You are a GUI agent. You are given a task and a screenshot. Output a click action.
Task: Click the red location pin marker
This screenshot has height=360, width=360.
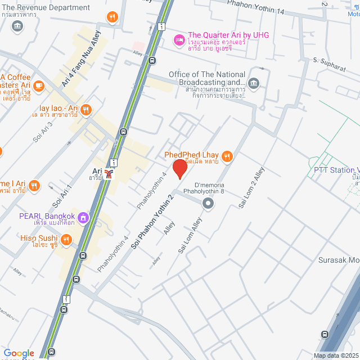179,169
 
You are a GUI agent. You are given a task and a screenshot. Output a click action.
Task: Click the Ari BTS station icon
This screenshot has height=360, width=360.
109,175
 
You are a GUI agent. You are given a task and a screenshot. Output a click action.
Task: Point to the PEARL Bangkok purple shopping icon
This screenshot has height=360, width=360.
84,217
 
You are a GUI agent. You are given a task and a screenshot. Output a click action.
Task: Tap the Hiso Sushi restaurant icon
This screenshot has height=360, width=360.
67,240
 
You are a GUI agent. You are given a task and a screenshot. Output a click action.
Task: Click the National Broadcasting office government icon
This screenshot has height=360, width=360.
254,84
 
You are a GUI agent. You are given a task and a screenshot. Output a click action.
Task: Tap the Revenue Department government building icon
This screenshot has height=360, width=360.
17,25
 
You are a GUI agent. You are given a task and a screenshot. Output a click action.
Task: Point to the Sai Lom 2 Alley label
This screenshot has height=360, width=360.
251,187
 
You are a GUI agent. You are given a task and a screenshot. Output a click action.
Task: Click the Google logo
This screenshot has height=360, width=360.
19,353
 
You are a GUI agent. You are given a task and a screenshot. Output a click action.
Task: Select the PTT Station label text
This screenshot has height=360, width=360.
336,170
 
